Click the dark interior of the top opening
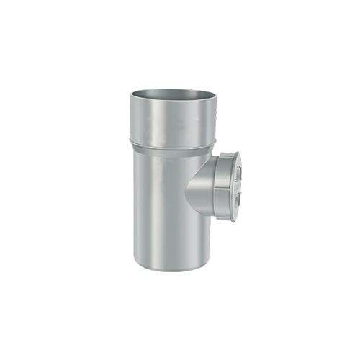173,96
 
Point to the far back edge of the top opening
173,89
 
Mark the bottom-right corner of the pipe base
210,264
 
